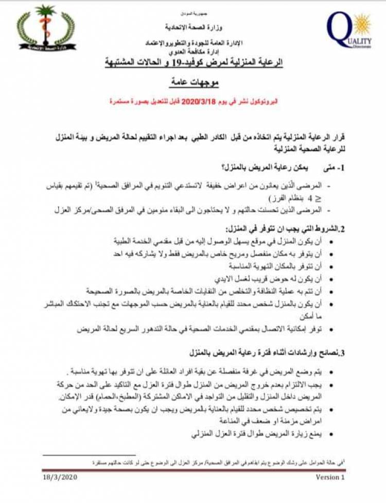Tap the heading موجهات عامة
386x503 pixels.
[193, 83]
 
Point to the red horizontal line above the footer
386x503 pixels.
[193, 470]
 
